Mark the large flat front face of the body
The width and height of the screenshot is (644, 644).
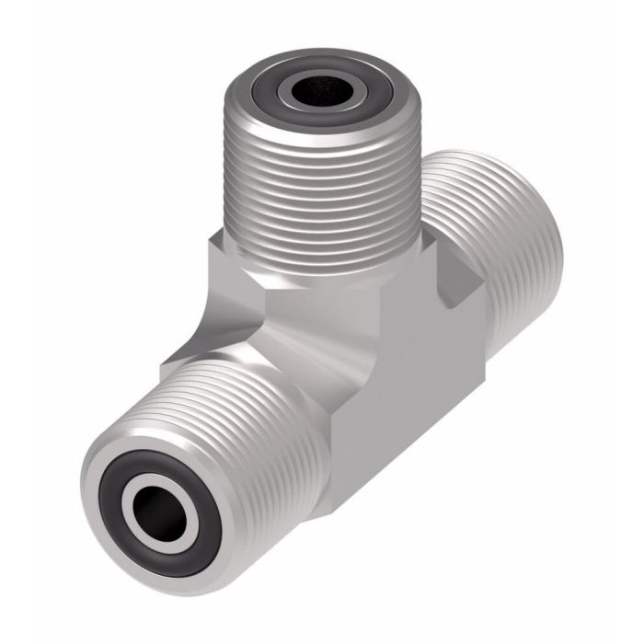[405, 386]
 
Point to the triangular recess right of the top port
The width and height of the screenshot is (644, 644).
[455, 276]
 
